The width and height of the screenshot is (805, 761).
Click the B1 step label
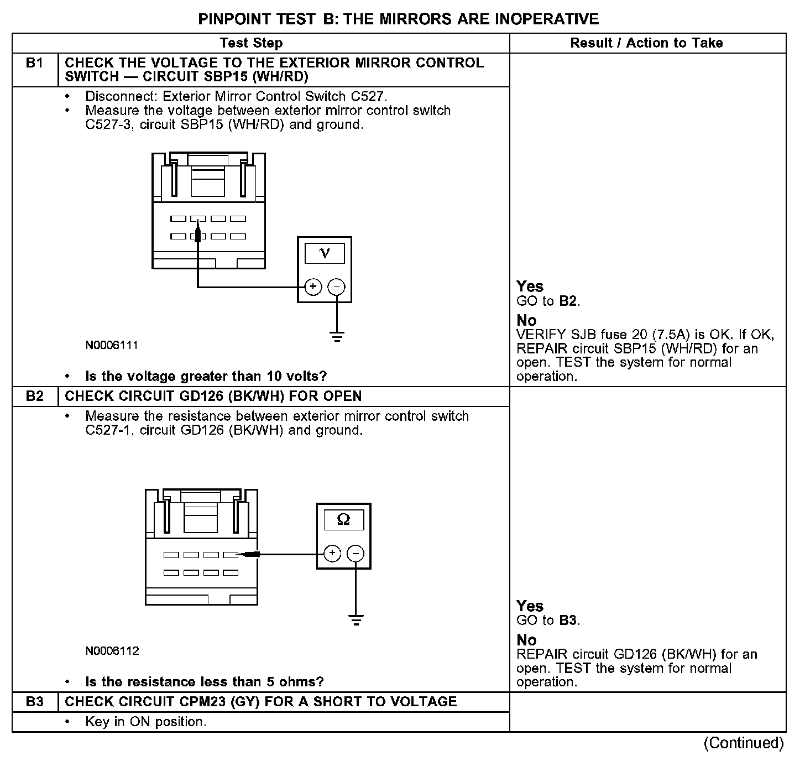[34, 64]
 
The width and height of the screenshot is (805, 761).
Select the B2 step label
[34, 397]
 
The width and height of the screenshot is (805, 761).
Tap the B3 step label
[34, 702]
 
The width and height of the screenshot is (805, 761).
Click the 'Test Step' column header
[251, 43]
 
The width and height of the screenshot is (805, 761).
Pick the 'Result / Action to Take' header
[646, 43]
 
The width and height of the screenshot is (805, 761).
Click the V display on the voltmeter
[325, 253]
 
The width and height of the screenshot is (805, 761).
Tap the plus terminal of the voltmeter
[313, 286]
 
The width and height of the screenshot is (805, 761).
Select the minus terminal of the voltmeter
[336, 286]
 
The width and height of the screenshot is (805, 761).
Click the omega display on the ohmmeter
[343, 520]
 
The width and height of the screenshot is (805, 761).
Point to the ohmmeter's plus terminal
[332, 553]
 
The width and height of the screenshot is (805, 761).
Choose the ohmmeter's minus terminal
[356, 553]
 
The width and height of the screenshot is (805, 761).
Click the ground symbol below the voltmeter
[336, 336]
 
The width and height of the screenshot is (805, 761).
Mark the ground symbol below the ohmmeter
[356, 619]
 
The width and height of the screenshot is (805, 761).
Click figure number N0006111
[112, 346]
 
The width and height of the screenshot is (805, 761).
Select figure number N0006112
[112, 651]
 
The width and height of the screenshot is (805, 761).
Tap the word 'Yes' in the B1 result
[530, 286]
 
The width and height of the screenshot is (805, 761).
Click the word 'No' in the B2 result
[526, 640]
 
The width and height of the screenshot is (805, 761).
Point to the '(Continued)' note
[744, 743]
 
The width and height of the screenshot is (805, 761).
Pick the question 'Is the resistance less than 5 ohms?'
[205, 682]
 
